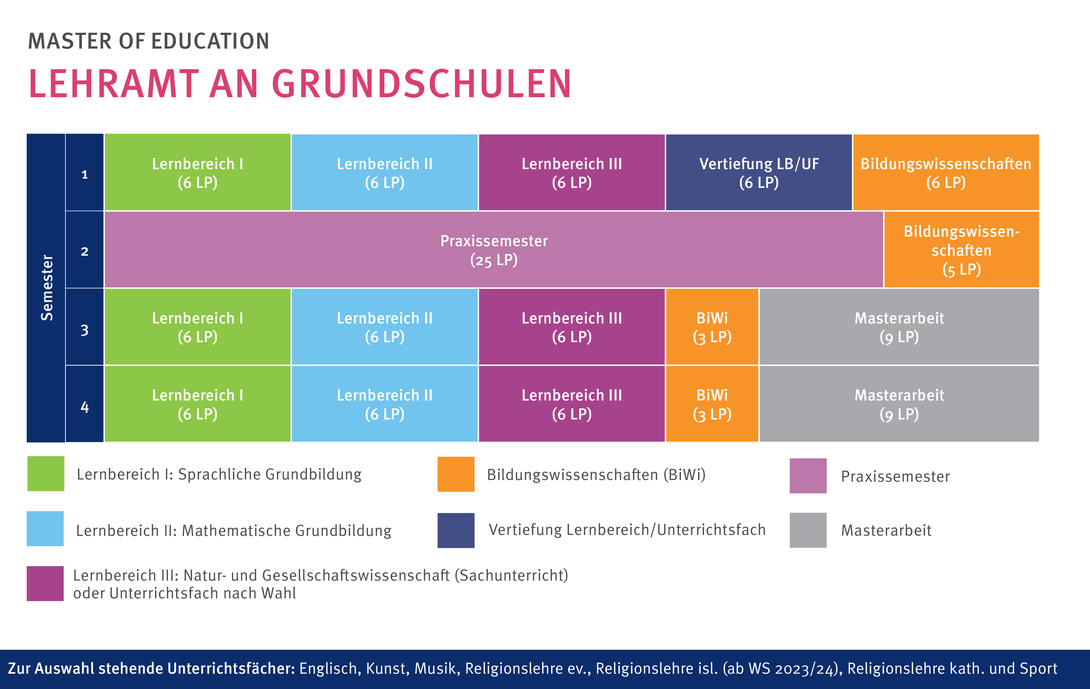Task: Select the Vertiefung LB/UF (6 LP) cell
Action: point(759,173)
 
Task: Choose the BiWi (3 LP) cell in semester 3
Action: point(712,327)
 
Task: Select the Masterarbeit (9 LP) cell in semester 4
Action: point(899,404)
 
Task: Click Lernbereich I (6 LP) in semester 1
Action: point(197,173)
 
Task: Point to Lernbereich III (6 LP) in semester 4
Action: point(572,404)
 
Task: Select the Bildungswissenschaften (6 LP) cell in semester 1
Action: point(945,173)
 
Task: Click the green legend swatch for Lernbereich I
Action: point(46,474)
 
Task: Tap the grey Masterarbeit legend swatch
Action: point(808,530)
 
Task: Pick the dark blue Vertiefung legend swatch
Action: point(456,530)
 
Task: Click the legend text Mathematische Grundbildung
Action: point(287,531)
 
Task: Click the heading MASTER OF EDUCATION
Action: point(148,41)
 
